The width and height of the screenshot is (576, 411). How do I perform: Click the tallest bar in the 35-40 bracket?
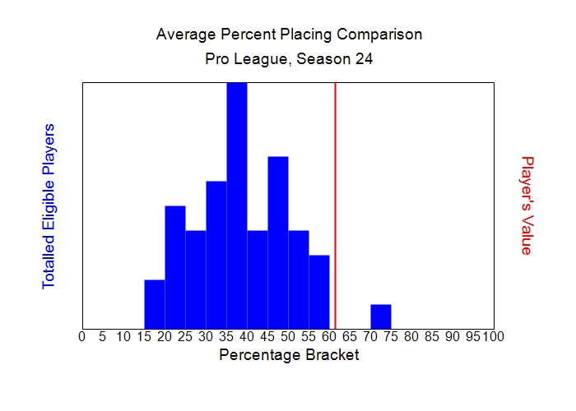(237, 205)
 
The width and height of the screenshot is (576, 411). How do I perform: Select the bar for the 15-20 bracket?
(155, 304)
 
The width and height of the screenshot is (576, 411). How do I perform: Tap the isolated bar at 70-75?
(381, 316)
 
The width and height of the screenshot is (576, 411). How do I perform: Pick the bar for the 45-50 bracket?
(278, 242)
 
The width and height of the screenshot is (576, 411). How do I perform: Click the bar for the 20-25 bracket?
(175, 267)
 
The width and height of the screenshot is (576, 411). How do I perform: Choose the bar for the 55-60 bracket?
(319, 292)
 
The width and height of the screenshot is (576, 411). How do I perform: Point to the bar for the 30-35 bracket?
(216, 255)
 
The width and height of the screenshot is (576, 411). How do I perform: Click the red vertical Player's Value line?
(335, 205)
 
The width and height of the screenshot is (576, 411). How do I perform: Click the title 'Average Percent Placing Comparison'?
(289, 35)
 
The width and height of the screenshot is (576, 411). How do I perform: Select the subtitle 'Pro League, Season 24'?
(289, 59)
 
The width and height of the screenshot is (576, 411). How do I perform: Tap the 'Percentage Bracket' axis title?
(289, 355)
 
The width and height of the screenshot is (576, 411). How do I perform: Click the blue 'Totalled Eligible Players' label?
(49, 205)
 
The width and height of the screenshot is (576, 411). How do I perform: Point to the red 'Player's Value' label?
(527, 205)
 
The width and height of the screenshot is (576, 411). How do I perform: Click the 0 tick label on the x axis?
(81, 336)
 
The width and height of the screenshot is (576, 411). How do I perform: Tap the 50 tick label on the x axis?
(288, 336)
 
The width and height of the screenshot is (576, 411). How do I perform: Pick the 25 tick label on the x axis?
(185, 336)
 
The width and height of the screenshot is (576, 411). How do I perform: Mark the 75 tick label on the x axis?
(391, 336)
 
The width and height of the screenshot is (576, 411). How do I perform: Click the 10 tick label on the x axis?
(123, 336)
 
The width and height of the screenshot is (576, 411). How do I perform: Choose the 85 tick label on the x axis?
(432, 336)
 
